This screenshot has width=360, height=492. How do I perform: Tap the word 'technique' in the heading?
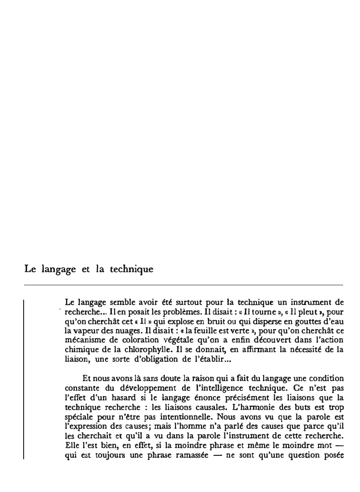(x=131, y=270)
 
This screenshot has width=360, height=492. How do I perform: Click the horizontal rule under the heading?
(x=183, y=285)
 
